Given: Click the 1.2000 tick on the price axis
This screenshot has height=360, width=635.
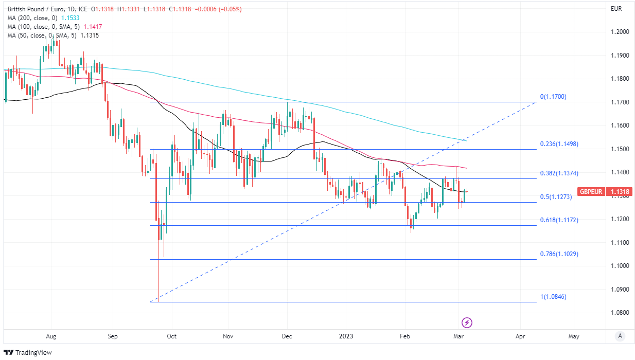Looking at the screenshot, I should tap(620, 32).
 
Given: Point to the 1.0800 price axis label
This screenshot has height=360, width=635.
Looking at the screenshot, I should tap(620, 313).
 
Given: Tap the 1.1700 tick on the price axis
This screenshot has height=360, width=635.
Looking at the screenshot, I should tap(620, 102).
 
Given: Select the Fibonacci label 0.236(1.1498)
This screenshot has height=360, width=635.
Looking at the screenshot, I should tap(559, 144).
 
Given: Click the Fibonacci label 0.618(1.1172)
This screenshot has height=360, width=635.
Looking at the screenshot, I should tap(559, 220).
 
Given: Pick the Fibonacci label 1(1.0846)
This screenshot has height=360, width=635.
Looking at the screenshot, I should tap(553, 297).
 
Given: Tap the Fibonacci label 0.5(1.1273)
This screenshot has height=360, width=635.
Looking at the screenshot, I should tap(555, 196).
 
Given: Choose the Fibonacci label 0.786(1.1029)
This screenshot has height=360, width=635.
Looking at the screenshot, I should tap(559, 254).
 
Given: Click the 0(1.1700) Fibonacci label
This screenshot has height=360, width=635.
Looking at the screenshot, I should tap(553, 97).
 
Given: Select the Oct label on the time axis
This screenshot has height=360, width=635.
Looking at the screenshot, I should tap(171, 336).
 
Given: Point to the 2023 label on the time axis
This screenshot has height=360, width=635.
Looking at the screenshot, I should tap(346, 336).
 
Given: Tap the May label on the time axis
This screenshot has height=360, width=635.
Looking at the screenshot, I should tap(574, 336).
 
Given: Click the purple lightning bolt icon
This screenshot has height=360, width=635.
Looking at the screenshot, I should tap(467, 323).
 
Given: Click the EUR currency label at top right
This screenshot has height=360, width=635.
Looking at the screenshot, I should tap(616, 9).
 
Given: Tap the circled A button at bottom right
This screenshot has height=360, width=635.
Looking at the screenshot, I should tap(620, 336).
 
